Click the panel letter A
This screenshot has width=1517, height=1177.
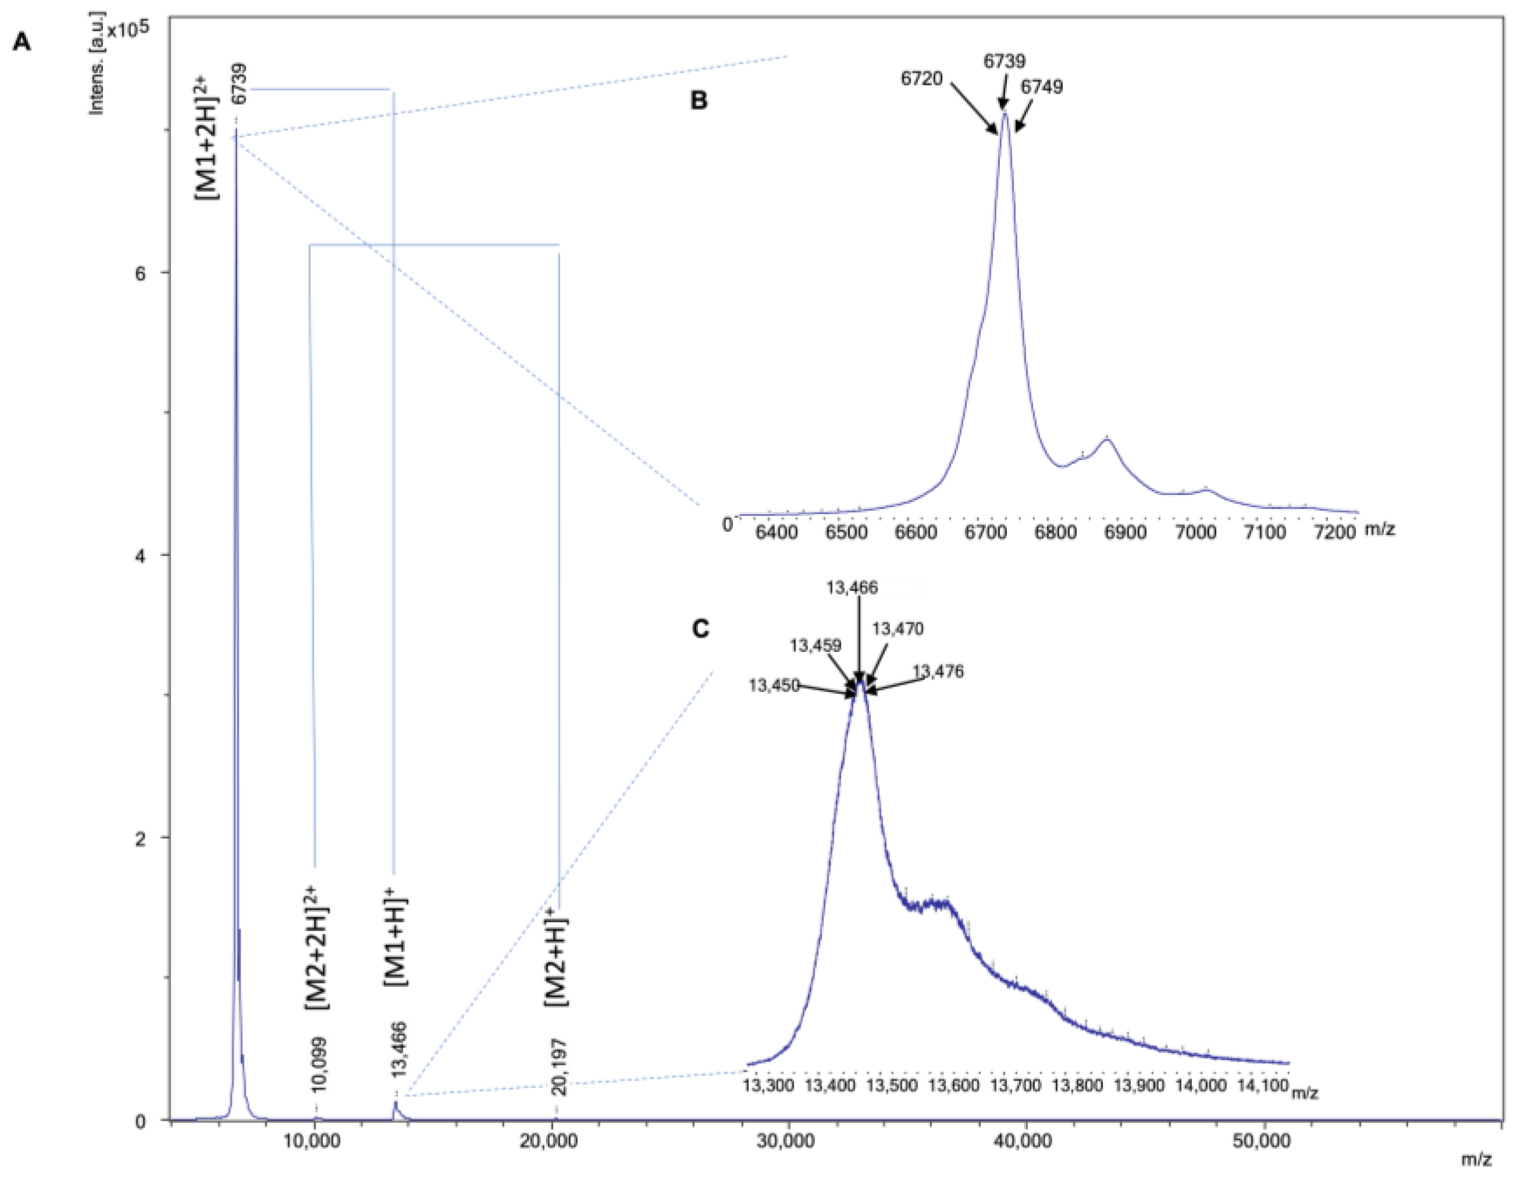[x=21, y=43]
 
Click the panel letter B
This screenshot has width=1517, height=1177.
[x=699, y=101]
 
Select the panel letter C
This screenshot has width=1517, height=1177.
[x=701, y=629]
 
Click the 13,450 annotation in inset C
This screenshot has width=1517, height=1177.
[x=774, y=686]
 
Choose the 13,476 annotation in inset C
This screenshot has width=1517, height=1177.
[x=938, y=672]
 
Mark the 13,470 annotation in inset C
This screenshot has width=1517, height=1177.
[x=898, y=629]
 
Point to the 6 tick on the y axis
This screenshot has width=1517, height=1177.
[x=141, y=273]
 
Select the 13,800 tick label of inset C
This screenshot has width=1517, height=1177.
[x=1077, y=1085]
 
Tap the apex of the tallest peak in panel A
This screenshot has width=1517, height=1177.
[x=236, y=129]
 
